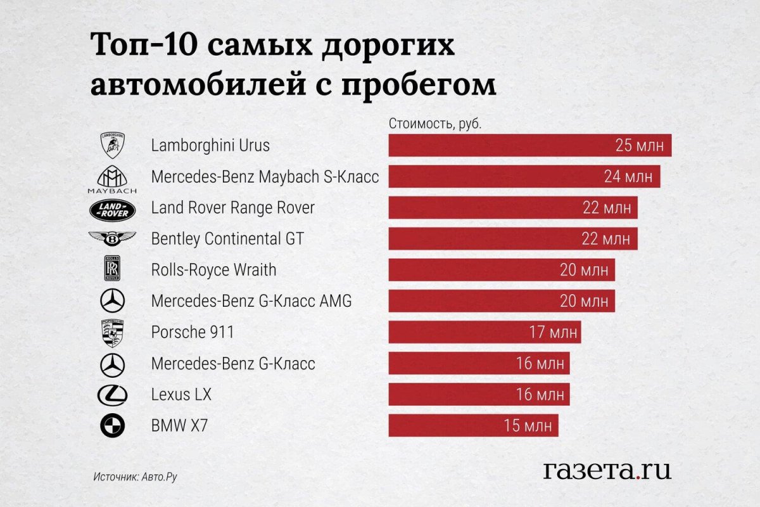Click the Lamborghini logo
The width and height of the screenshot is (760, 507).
(113, 146)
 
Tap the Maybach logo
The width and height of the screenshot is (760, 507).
(112, 179)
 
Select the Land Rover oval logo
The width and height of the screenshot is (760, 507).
(112, 209)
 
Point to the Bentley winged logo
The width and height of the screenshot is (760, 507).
(112, 239)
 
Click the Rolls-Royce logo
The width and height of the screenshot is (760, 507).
(113, 269)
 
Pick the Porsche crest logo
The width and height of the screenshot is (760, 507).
(113, 333)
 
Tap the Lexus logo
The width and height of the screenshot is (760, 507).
(113, 395)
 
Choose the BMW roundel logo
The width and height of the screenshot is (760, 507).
(113, 426)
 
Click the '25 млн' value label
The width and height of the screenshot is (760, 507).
(639, 146)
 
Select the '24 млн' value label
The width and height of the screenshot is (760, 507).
(628, 177)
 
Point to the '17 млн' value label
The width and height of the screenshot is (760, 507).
(548, 332)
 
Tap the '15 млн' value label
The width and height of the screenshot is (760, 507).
(526, 426)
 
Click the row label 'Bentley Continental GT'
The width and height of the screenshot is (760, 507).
(227, 239)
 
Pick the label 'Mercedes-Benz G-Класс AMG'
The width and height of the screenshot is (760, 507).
(251, 301)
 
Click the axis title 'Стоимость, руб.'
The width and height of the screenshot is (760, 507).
(435, 124)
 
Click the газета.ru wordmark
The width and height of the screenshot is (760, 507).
(607, 470)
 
